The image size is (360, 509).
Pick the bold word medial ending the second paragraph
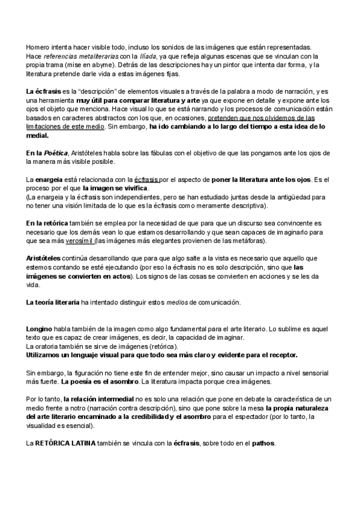pyautogui.click(x=38, y=136)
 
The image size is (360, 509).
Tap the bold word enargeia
pyautogui.click(x=49, y=179)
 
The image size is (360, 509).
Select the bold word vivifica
pyautogui.click(x=133, y=188)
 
